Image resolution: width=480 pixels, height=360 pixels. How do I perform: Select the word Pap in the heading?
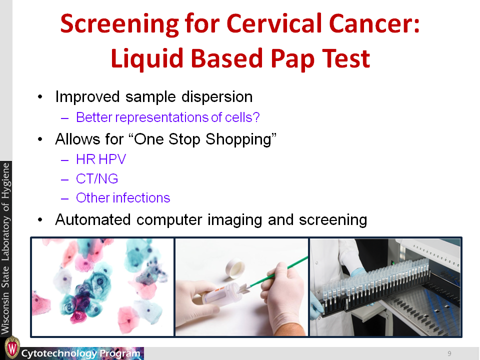292,59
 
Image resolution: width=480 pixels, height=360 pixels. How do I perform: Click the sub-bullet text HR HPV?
101,159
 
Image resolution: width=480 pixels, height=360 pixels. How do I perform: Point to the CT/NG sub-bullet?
97,179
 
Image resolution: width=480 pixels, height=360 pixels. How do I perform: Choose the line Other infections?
123,198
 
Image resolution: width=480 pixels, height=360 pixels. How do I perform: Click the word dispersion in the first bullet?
217,97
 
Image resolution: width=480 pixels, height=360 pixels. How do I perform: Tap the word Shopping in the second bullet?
241,139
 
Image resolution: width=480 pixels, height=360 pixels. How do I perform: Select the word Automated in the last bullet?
93,220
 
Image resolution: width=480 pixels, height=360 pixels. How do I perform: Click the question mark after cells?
256,117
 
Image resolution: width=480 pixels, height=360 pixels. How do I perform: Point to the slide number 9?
449,353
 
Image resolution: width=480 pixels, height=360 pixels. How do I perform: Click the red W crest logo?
12,347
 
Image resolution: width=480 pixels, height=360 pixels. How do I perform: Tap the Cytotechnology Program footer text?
81,353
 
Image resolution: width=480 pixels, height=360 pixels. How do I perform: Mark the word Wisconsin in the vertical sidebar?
6,313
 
